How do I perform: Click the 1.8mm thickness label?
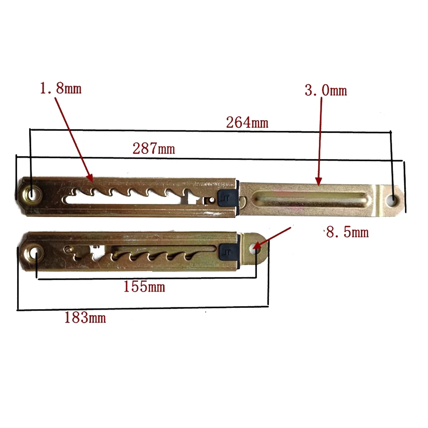61,89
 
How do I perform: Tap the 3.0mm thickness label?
326,90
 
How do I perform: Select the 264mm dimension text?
247,122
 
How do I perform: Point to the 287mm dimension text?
153,148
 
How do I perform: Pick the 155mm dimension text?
144,286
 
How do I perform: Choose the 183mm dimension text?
85,318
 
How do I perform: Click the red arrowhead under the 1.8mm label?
89,178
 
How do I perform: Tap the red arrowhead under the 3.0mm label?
319,181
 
